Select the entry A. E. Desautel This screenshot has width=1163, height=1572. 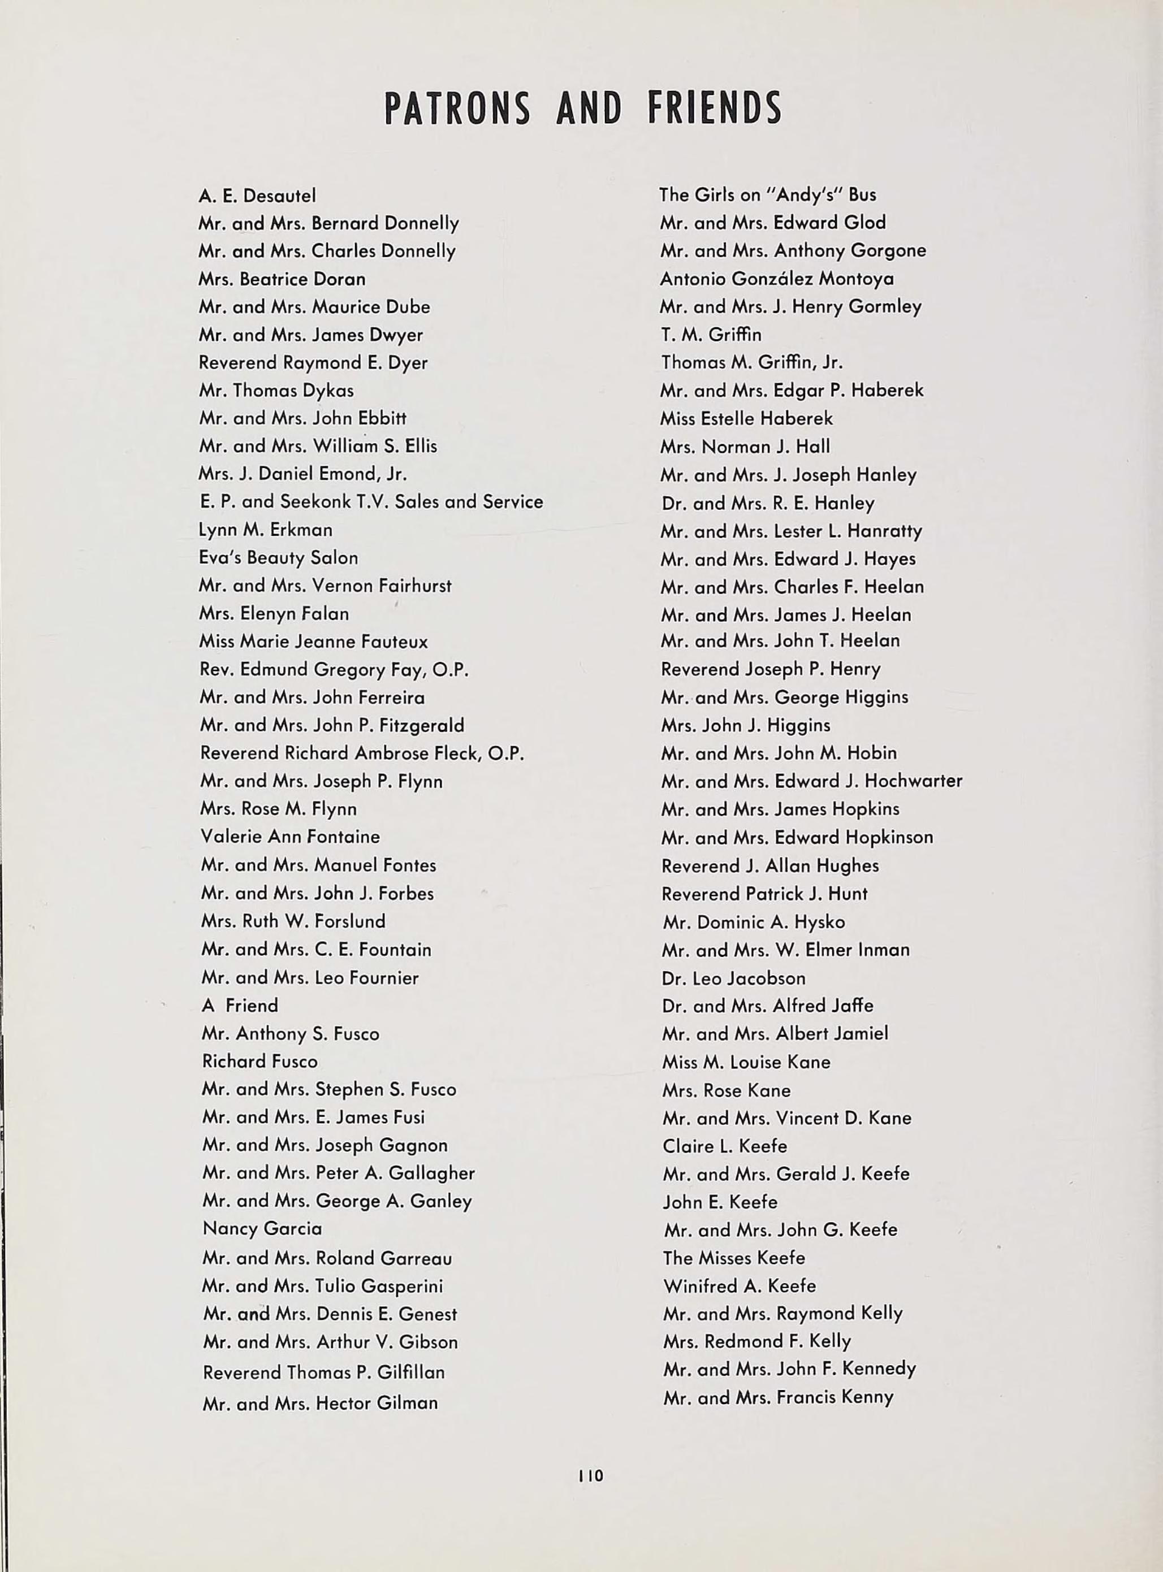coord(258,195)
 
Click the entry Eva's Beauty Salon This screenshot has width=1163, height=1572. coord(278,558)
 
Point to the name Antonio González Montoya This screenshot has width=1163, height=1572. coord(776,279)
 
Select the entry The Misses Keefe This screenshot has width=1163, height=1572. coord(733,1258)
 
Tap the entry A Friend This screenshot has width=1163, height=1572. coord(240,1006)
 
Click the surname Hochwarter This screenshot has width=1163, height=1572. coord(913,781)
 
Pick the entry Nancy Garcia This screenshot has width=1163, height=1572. coord(262,1229)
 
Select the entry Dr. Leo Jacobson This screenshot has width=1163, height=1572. coord(733,978)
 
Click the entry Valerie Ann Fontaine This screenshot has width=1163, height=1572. coord(290,837)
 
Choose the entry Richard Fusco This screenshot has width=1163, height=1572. coord(260,1061)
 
